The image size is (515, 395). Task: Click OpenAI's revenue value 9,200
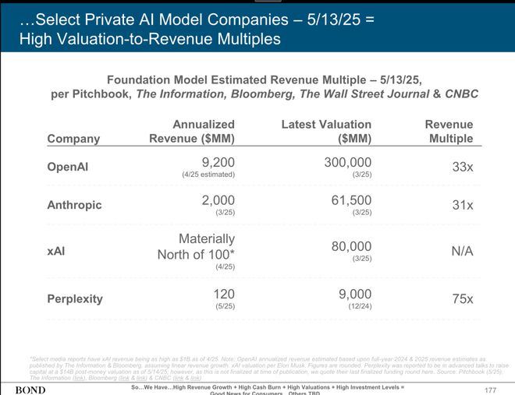tap(218, 162)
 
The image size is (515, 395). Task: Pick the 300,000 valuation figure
tap(347, 162)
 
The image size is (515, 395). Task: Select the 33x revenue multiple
tap(463, 167)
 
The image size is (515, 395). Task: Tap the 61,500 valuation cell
tap(352, 200)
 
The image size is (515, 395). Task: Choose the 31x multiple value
tap(463, 205)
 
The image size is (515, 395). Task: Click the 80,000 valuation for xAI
tap(352, 246)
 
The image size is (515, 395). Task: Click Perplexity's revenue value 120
tap(224, 294)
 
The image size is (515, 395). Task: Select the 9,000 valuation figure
tap(356, 294)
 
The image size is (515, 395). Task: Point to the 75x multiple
tap(462, 298)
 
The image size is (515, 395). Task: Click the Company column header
tap(73, 139)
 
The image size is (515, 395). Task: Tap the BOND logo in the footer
tap(30, 388)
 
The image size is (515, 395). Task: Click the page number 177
tap(490, 388)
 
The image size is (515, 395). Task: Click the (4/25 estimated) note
tap(208, 175)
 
